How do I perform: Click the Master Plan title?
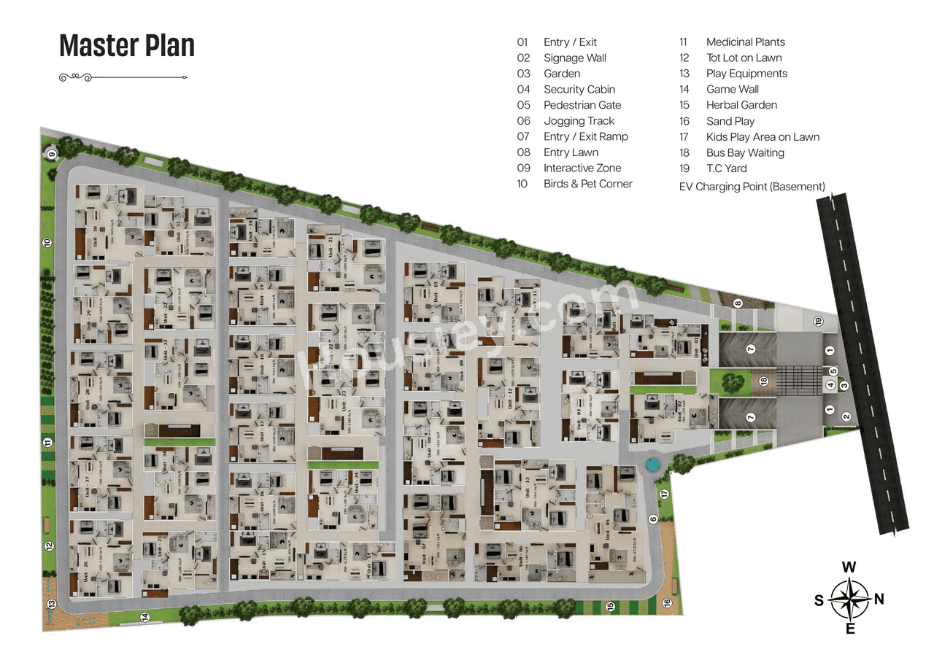[x=127, y=46]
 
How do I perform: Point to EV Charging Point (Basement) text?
[x=752, y=187]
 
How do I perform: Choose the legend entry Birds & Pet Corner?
[x=587, y=184]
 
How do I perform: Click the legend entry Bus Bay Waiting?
[x=744, y=152]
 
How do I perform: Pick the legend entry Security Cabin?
[x=579, y=89]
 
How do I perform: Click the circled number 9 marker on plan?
[x=52, y=153]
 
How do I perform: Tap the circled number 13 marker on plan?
[x=52, y=604]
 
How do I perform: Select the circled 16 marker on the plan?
[x=666, y=602]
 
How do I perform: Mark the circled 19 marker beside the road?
[x=818, y=322]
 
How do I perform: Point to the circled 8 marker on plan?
[x=738, y=303]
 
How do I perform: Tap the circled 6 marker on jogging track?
[x=653, y=519]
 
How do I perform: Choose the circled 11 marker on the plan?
[x=47, y=442]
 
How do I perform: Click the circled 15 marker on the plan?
[x=610, y=605]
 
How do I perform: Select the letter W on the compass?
[x=849, y=567]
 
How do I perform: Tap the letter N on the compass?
[x=879, y=599]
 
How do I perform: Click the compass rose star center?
[x=849, y=599]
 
